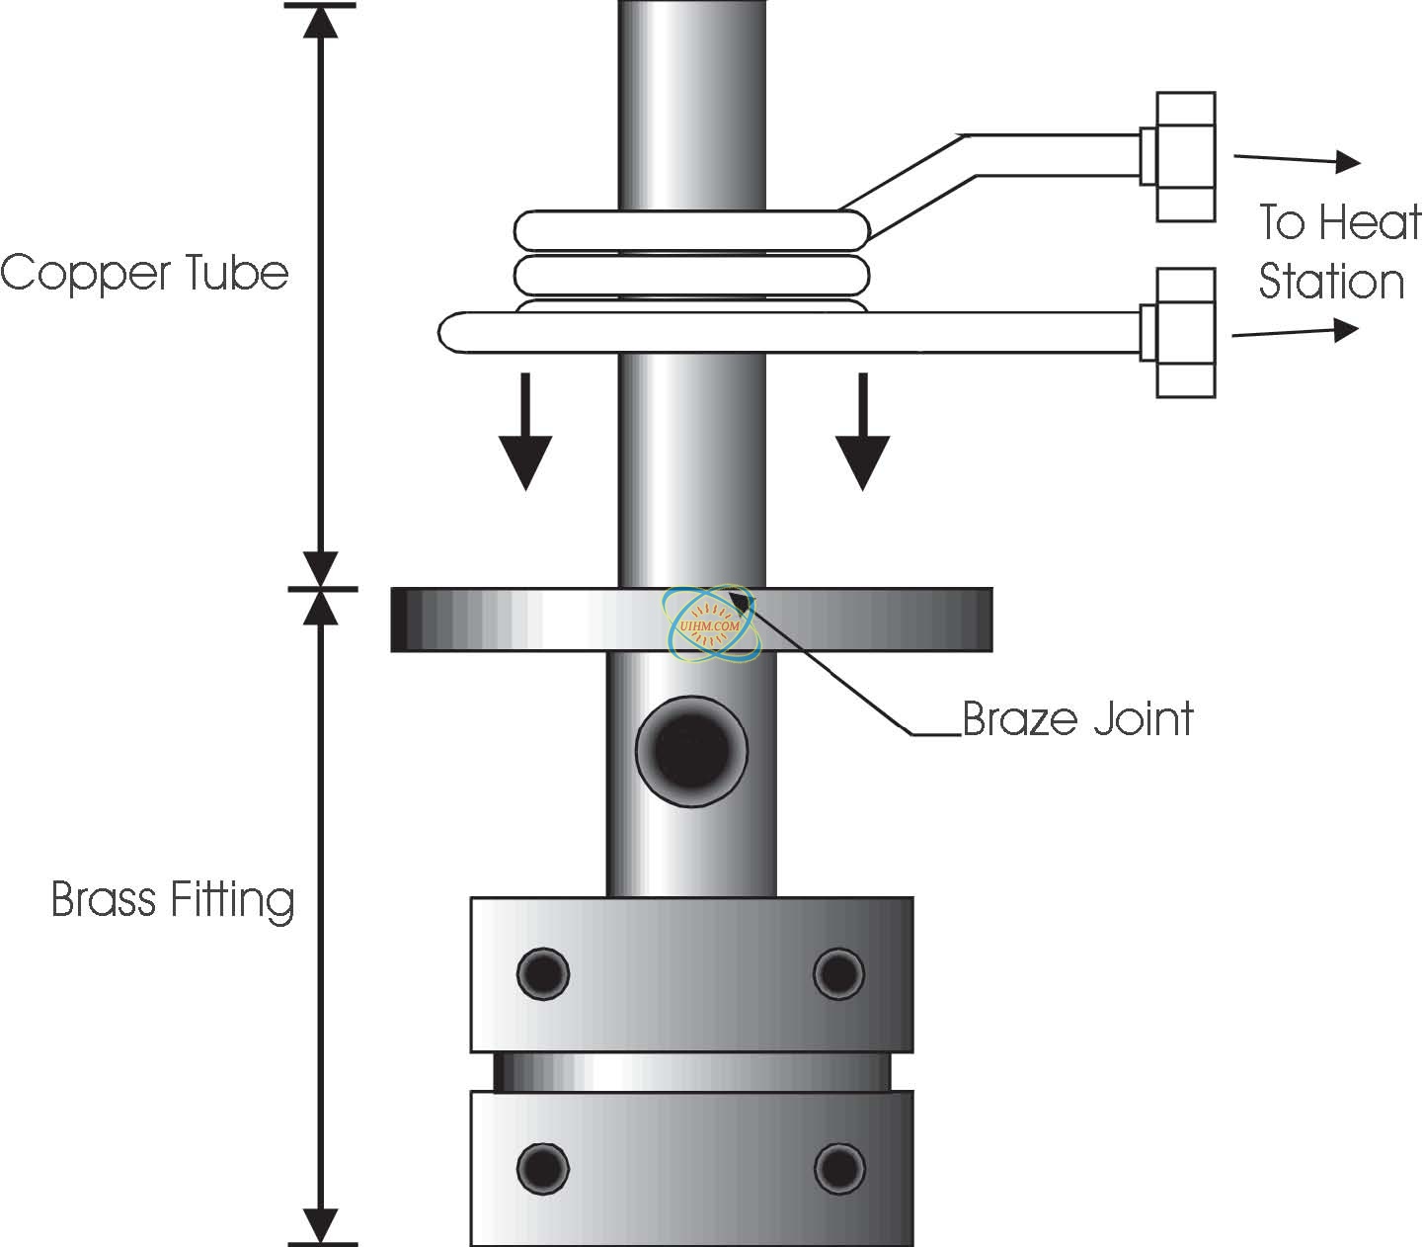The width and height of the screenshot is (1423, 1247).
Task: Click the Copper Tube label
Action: click(x=144, y=273)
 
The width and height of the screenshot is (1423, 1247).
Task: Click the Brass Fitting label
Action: click(x=173, y=900)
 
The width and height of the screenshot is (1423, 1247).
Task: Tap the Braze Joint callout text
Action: click(x=1077, y=718)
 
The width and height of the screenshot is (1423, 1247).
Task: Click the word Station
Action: click(x=1330, y=282)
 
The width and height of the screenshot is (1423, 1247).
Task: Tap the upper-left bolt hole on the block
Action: click(x=543, y=972)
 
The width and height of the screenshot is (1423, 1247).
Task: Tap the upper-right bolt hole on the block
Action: click(x=838, y=972)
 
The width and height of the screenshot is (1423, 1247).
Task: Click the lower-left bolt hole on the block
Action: click(x=543, y=1168)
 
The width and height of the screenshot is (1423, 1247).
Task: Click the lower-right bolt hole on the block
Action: click(x=838, y=1168)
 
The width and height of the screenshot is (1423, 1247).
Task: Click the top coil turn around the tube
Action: click(x=691, y=229)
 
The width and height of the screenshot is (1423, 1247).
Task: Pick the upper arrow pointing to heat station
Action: click(x=1296, y=159)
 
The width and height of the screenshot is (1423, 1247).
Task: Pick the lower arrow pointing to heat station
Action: click(x=1296, y=332)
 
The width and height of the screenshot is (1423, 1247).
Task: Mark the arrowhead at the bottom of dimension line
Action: click(x=320, y=1224)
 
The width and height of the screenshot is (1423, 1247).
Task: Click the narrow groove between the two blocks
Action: click(x=691, y=1071)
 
